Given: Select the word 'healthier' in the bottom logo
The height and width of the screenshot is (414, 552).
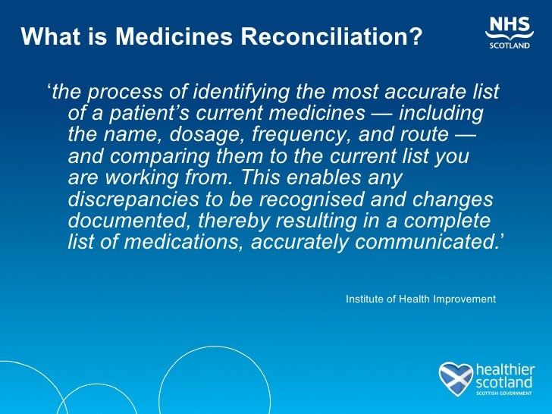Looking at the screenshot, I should coord(505,369).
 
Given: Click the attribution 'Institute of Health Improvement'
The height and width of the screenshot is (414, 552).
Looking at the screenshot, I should coord(420,300).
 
